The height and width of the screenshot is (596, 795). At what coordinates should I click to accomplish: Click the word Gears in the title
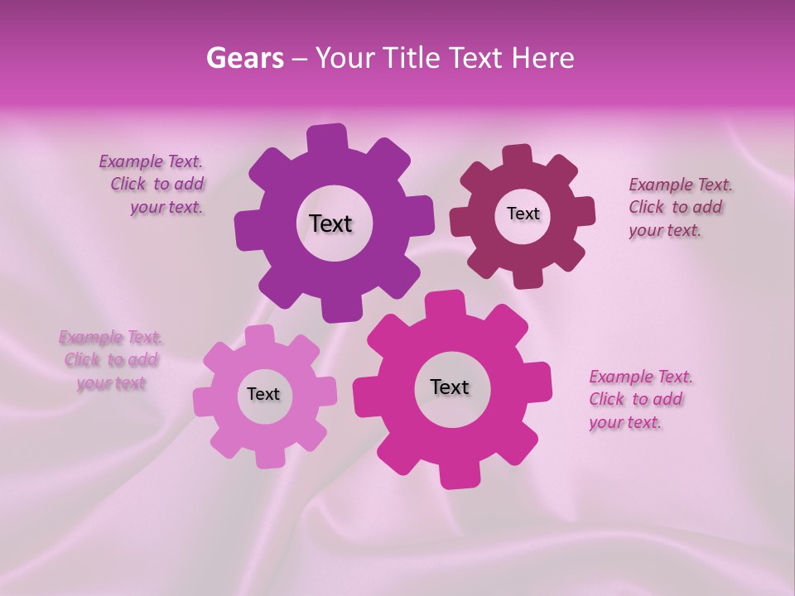pos(244,58)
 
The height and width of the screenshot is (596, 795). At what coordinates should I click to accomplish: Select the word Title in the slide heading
pos(411,58)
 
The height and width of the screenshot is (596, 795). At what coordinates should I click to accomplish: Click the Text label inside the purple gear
pos(330,223)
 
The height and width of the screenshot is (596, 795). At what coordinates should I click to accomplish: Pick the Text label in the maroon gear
pos(523,214)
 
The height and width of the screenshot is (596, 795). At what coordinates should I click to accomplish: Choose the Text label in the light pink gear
pos(263,394)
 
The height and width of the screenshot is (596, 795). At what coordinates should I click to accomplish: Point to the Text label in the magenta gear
pos(450,387)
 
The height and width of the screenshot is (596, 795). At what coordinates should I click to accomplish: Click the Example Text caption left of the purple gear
pos(152,185)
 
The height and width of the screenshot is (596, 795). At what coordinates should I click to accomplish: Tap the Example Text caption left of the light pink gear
pos(110,360)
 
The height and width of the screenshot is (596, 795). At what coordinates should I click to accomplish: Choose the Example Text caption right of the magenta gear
pos(639,399)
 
